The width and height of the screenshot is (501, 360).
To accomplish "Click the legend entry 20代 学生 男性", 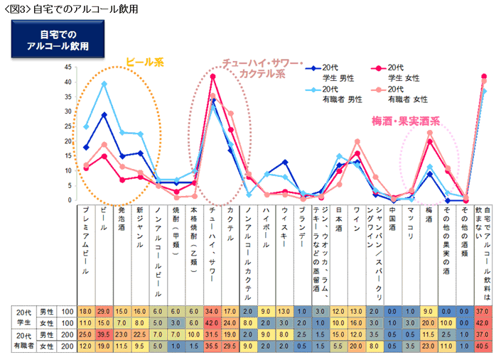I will (335, 71).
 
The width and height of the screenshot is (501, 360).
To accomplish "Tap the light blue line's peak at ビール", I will (104, 84).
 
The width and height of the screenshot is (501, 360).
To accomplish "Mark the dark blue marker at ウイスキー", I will (285, 162).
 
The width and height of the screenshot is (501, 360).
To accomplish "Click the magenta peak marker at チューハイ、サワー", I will (213, 76).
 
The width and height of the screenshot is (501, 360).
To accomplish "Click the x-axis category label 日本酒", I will (340, 222).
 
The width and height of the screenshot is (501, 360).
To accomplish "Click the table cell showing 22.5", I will (141, 334).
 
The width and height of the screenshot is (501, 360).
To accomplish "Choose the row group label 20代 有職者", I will (23, 339).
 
